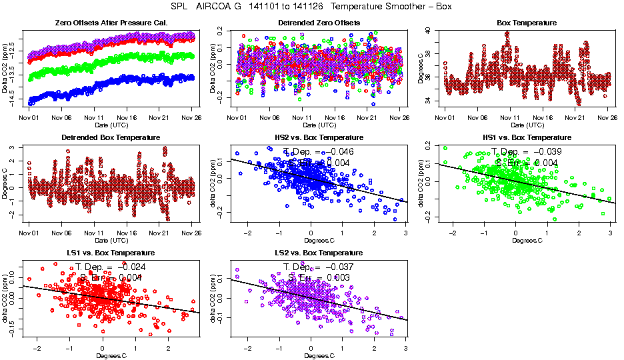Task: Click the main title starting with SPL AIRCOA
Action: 311,6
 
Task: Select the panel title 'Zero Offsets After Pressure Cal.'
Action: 111,23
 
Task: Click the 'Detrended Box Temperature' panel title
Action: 111,137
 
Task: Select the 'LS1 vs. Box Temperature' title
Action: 111,253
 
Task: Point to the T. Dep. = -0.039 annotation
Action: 527,152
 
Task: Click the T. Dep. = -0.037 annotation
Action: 318,267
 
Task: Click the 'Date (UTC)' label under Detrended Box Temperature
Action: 111,240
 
